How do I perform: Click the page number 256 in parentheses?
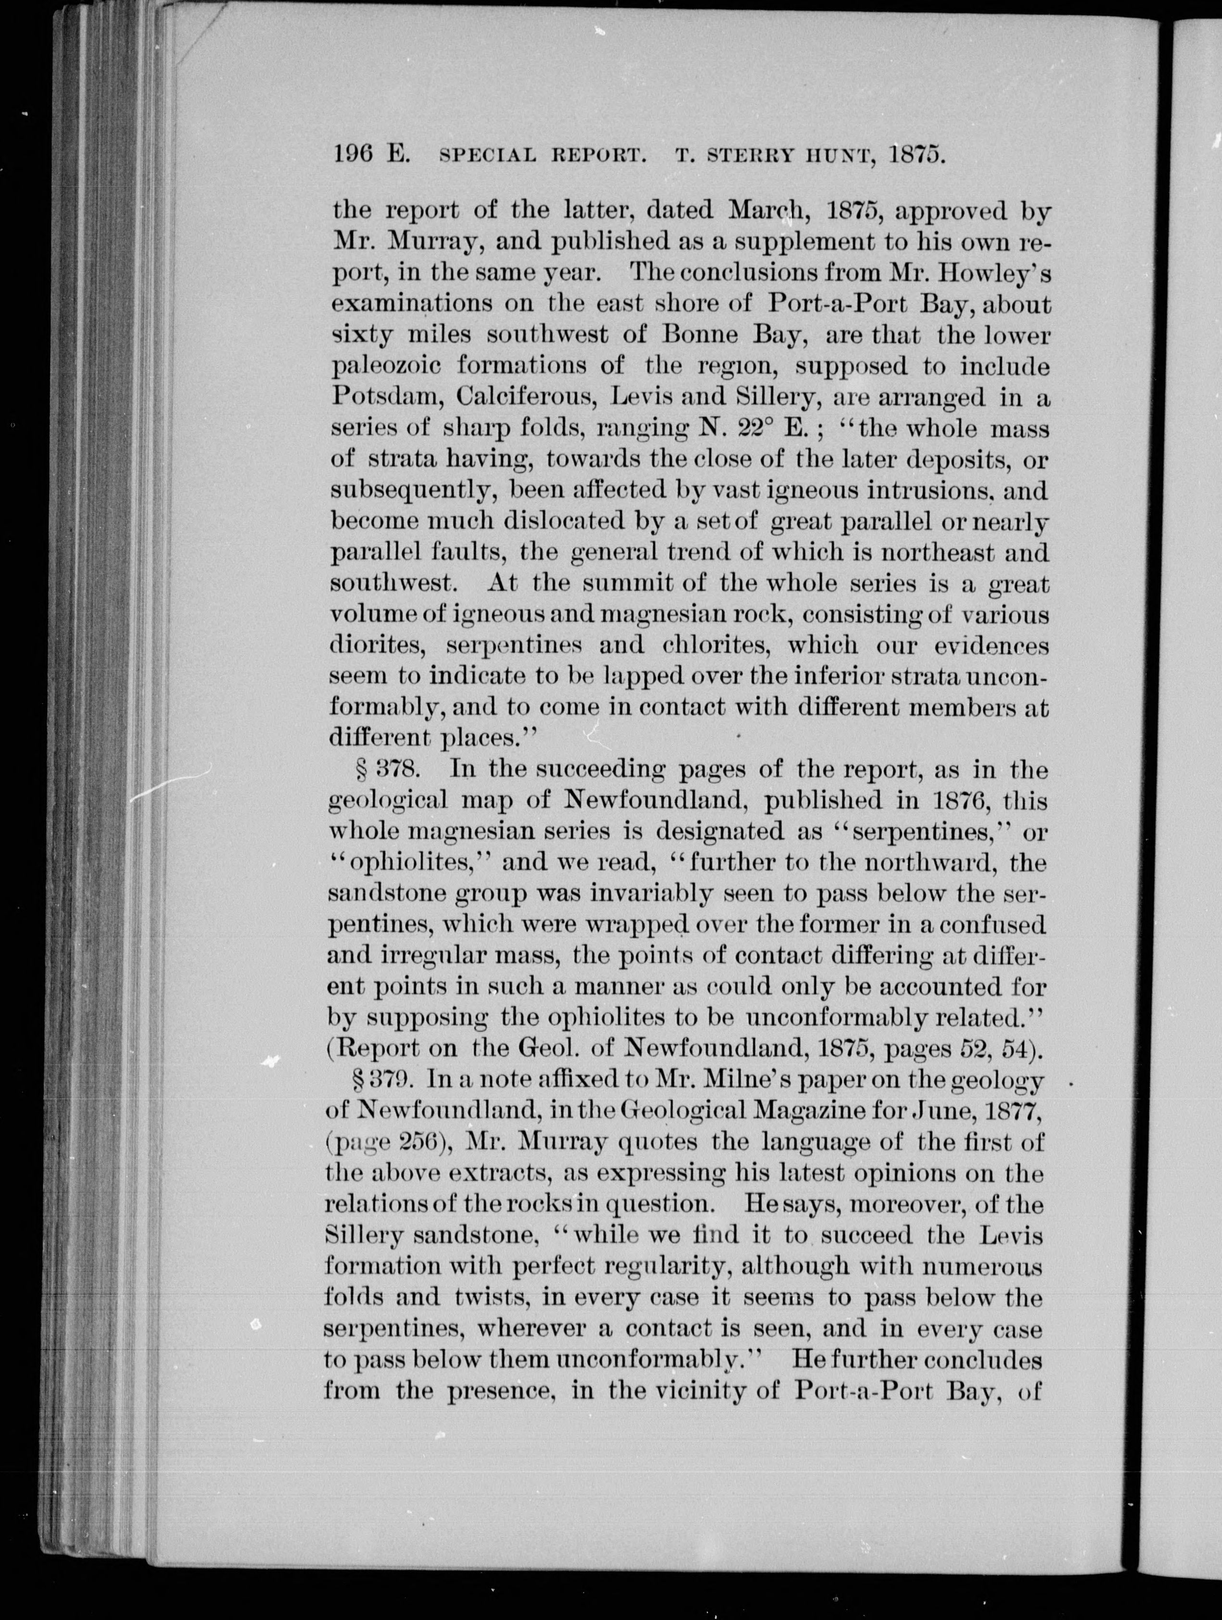(415, 1142)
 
